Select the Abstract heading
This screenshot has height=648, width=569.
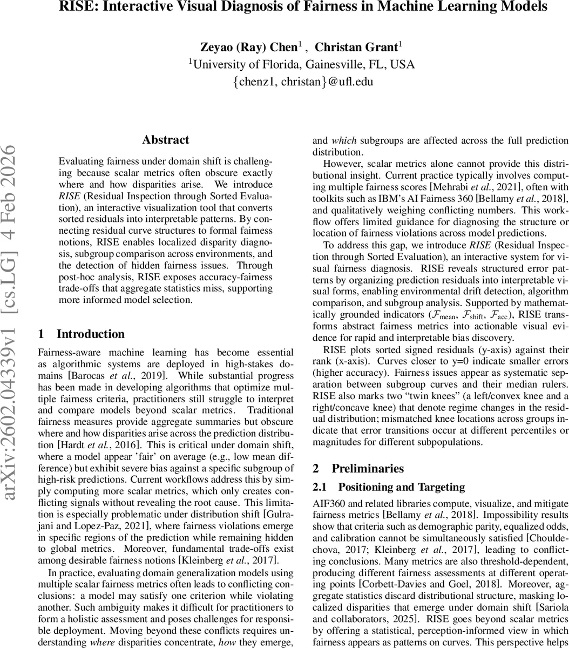pos(166,140)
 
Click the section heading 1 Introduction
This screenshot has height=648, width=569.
pos(82,334)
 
